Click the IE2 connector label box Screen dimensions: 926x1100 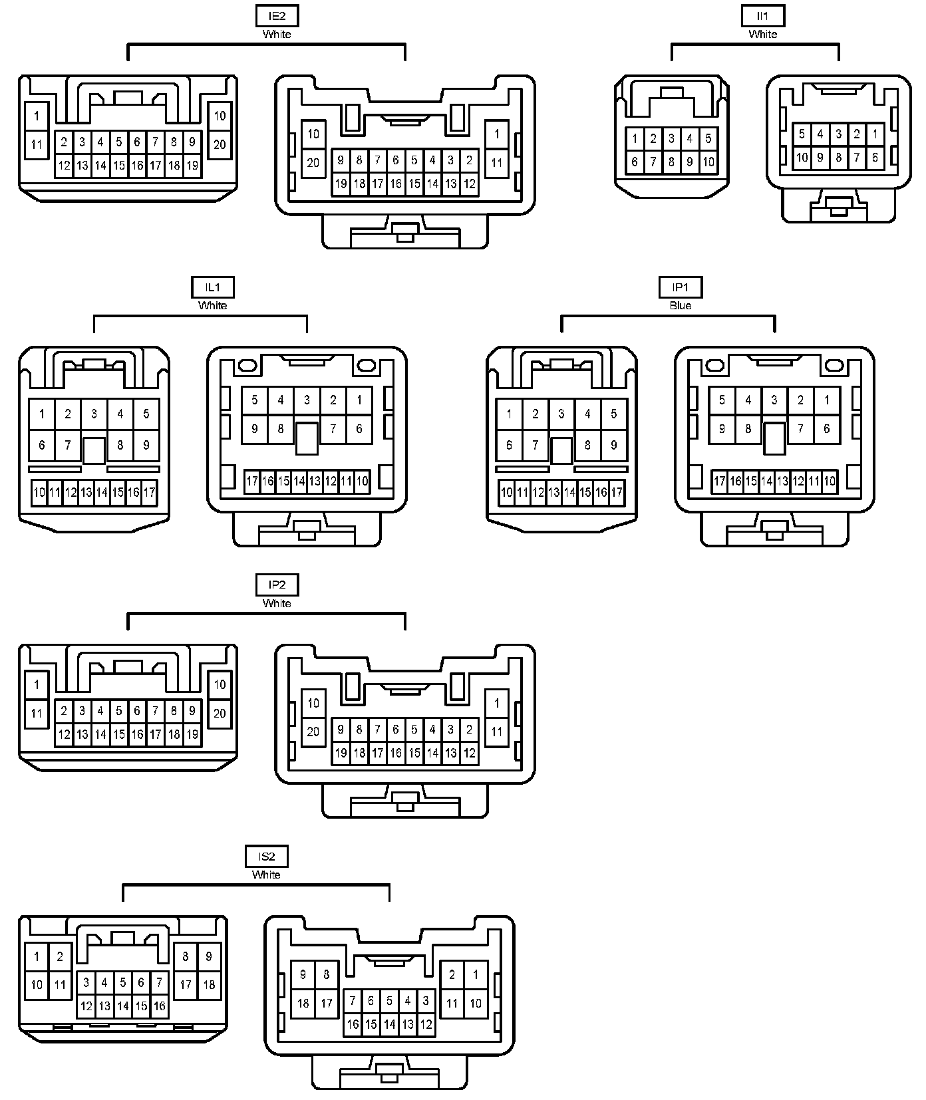tap(277, 15)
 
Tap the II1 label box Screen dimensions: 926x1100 tap(762, 15)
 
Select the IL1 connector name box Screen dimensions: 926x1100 tap(212, 287)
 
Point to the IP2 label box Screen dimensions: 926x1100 tap(277, 585)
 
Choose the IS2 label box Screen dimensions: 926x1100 tap(266, 856)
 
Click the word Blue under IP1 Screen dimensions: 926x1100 tap(680, 305)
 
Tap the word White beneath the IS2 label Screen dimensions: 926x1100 tap(266, 875)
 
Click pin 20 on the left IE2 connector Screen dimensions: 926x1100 tap(220, 144)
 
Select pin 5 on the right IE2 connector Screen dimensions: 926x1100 tap(414, 160)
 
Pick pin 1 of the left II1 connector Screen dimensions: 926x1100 tap(635, 139)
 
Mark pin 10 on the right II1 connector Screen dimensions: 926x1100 tap(802, 158)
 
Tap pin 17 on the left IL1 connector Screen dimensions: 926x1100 tap(149, 493)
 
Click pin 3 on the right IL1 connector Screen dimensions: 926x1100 tap(307, 400)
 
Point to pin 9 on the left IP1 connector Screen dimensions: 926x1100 tap(613, 445)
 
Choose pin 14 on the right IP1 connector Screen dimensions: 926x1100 tap(766, 481)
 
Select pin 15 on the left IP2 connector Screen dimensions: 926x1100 tap(119, 734)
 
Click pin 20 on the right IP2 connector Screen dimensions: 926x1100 tap(313, 732)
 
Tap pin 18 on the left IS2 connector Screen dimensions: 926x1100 tap(209, 984)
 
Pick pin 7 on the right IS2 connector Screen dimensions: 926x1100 tap(353, 1000)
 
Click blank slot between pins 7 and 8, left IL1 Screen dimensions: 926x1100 tap(94, 450)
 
